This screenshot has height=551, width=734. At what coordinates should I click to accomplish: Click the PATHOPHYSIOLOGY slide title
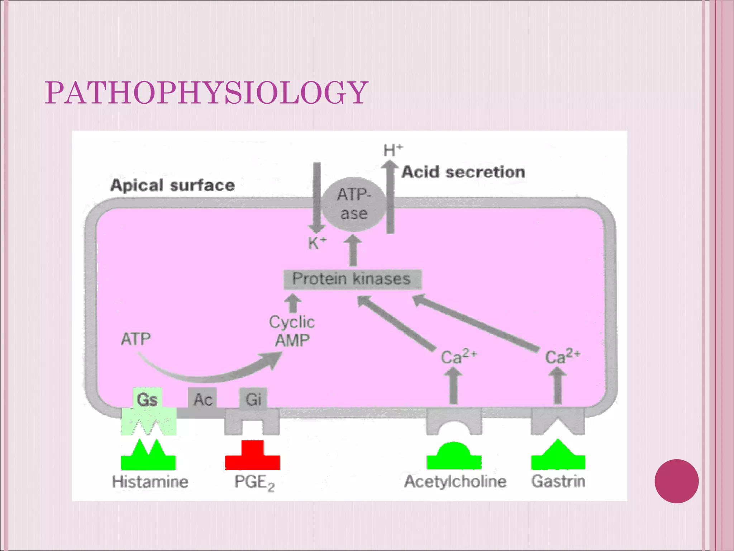(206, 93)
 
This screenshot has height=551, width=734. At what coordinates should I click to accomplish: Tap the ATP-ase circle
(354, 204)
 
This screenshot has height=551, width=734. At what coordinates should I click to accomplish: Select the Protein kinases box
(352, 279)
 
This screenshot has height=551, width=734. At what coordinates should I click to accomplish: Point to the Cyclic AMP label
(292, 331)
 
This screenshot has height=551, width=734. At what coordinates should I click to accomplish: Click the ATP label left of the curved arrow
(135, 339)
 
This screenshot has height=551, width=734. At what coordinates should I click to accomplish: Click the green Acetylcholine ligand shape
(454, 457)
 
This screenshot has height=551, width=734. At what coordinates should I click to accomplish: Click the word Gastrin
(558, 481)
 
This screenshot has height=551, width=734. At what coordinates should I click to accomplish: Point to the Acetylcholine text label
(455, 481)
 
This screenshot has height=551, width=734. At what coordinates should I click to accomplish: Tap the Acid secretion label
(463, 172)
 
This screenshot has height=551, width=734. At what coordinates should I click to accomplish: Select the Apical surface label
(173, 185)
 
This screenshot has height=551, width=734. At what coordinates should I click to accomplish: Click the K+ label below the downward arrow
(317, 243)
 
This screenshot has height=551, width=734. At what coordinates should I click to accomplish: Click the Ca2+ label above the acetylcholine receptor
(458, 356)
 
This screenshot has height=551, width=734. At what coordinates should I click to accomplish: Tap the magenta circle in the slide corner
(676, 481)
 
